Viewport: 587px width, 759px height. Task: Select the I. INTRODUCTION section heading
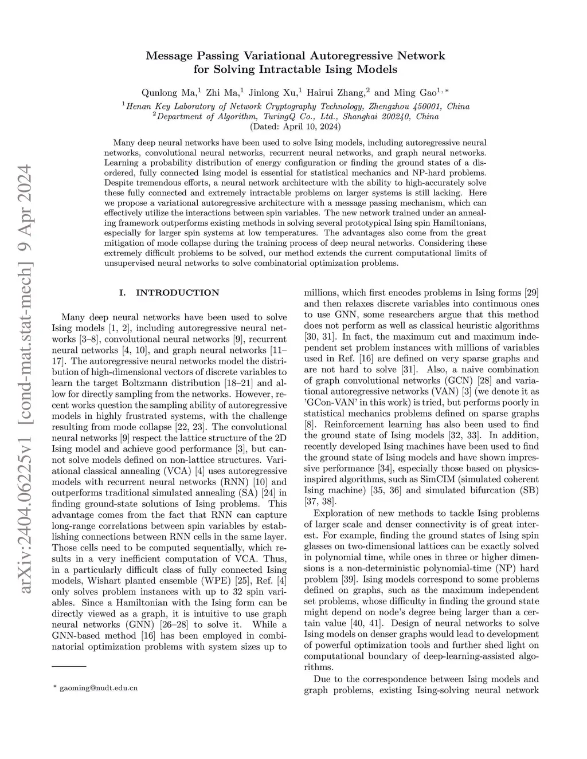click(169, 293)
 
